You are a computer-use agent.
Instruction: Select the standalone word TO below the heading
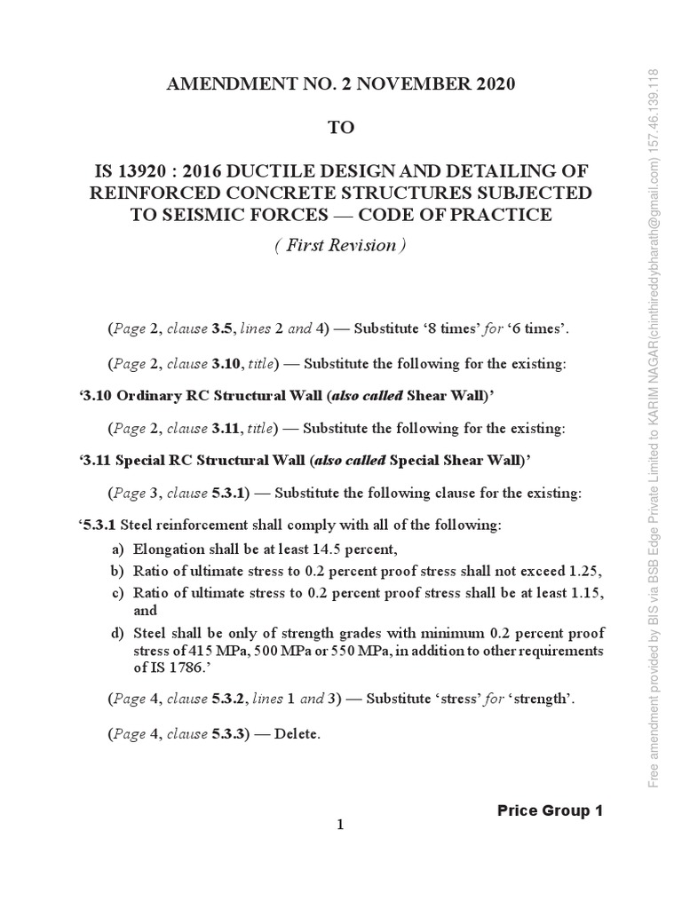pyautogui.click(x=341, y=128)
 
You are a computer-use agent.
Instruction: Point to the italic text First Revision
pyautogui.click(x=341, y=246)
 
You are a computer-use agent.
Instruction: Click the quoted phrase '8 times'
pyautogui.click(x=448, y=328)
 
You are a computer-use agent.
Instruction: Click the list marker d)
pyautogui.click(x=117, y=633)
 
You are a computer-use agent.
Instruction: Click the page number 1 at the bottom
pyautogui.click(x=339, y=826)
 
